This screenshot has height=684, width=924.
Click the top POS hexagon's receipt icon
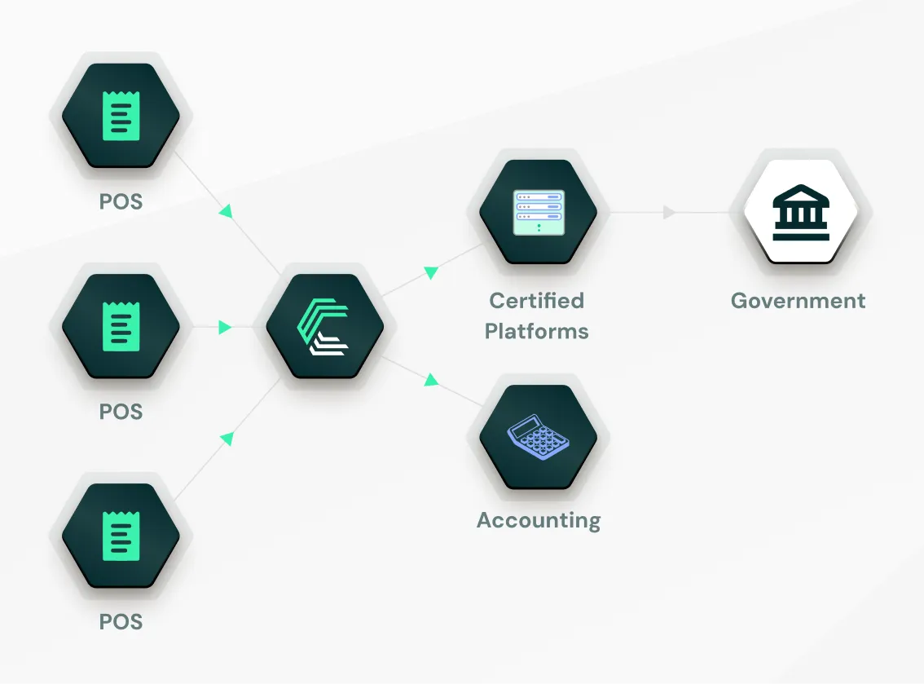[121, 115]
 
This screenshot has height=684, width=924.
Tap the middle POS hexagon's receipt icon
[121, 326]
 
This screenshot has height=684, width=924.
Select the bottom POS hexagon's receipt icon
[121, 536]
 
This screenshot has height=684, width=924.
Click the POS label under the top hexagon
[121, 201]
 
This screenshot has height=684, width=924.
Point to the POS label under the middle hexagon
[121, 412]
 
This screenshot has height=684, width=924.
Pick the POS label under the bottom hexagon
[121, 621]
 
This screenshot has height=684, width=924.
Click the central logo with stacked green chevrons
[323, 327]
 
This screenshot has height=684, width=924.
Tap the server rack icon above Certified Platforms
[538, 212]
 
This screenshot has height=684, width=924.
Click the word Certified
[536, 301]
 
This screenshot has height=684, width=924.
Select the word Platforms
[536, 331]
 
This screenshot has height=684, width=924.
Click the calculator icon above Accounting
[538, 438]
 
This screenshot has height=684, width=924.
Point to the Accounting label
[538, 520]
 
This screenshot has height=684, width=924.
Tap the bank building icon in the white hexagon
[801, 213]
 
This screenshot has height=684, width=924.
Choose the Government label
[798, 301]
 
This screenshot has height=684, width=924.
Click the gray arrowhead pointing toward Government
[669, 213]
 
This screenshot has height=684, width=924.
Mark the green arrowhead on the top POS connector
[227, 211]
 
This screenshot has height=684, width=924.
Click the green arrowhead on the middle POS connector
[225, 328]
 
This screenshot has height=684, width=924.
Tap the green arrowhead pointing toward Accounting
[431, 379]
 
